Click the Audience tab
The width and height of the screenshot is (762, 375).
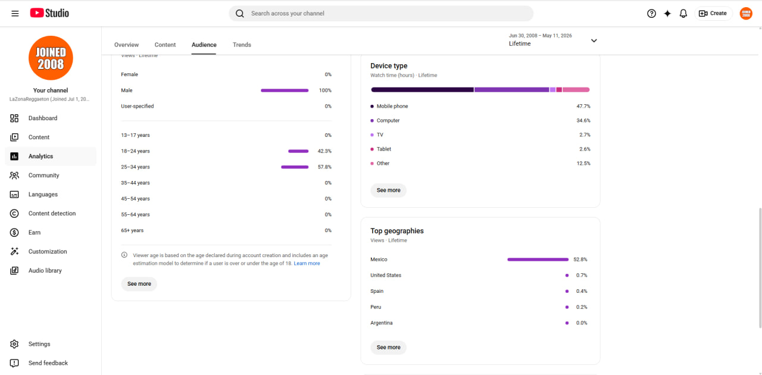204,45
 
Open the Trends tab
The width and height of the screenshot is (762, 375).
242,45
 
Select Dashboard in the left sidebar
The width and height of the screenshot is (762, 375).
43,118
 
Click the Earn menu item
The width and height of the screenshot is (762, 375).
35,232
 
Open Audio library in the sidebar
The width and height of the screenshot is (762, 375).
45,270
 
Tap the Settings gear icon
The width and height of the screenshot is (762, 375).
14,344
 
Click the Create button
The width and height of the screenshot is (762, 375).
713,13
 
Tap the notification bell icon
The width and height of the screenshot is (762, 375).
683,13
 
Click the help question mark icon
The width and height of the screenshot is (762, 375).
651,13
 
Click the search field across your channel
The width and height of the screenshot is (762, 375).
381,13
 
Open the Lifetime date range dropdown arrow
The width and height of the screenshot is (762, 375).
594,40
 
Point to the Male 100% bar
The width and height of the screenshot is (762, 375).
285,90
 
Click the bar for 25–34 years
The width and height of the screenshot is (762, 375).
295,167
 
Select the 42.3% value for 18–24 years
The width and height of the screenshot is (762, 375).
324,151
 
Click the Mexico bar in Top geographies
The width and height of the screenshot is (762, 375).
538,260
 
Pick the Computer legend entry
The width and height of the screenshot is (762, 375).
385,120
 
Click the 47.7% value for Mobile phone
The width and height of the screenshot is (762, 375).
583,106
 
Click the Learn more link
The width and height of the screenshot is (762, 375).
307,263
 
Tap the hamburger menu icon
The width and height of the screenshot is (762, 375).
15,13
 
